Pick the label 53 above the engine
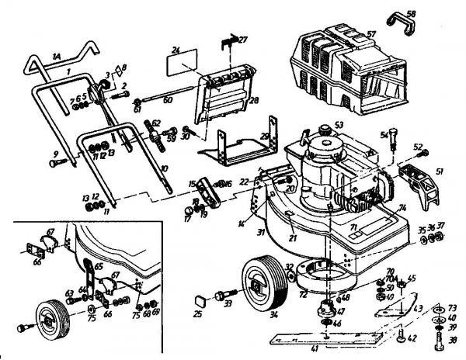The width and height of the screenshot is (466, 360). pyautogui.click(x=338, y=124)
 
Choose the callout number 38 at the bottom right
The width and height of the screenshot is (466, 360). pyautogui.click(x=451, y=338)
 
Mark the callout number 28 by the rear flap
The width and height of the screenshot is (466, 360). pyautogui.click(x=253, y=101)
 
